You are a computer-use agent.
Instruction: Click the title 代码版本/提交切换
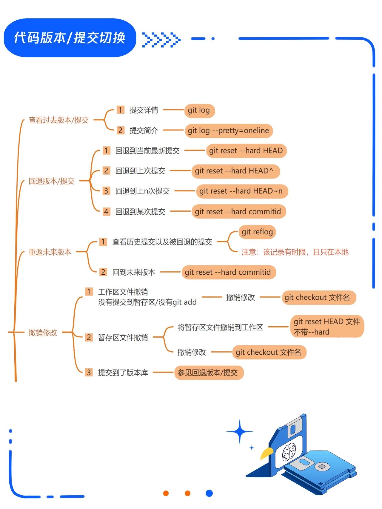70,38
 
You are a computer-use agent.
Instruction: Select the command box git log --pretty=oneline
229,131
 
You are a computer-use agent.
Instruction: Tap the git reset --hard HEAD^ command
236,171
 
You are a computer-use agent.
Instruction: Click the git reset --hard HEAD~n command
242,191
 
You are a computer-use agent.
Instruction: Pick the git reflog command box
257,232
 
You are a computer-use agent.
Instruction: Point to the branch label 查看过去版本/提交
58,120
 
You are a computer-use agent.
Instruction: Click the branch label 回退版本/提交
51,181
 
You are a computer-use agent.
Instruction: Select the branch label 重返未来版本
50,252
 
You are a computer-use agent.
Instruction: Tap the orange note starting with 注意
295,252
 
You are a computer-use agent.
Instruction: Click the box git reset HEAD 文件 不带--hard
327,327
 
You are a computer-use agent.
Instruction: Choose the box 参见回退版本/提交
209,373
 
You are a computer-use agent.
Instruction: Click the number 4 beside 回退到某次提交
106,212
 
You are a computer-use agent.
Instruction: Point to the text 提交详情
144,110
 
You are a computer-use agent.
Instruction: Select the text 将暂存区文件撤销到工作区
220,327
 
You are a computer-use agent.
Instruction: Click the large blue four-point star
240,432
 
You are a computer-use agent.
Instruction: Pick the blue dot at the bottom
209,493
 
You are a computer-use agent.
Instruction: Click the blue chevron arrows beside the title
161,40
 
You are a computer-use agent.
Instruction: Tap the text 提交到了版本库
123,373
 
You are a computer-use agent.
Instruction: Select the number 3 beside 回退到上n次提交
106,191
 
